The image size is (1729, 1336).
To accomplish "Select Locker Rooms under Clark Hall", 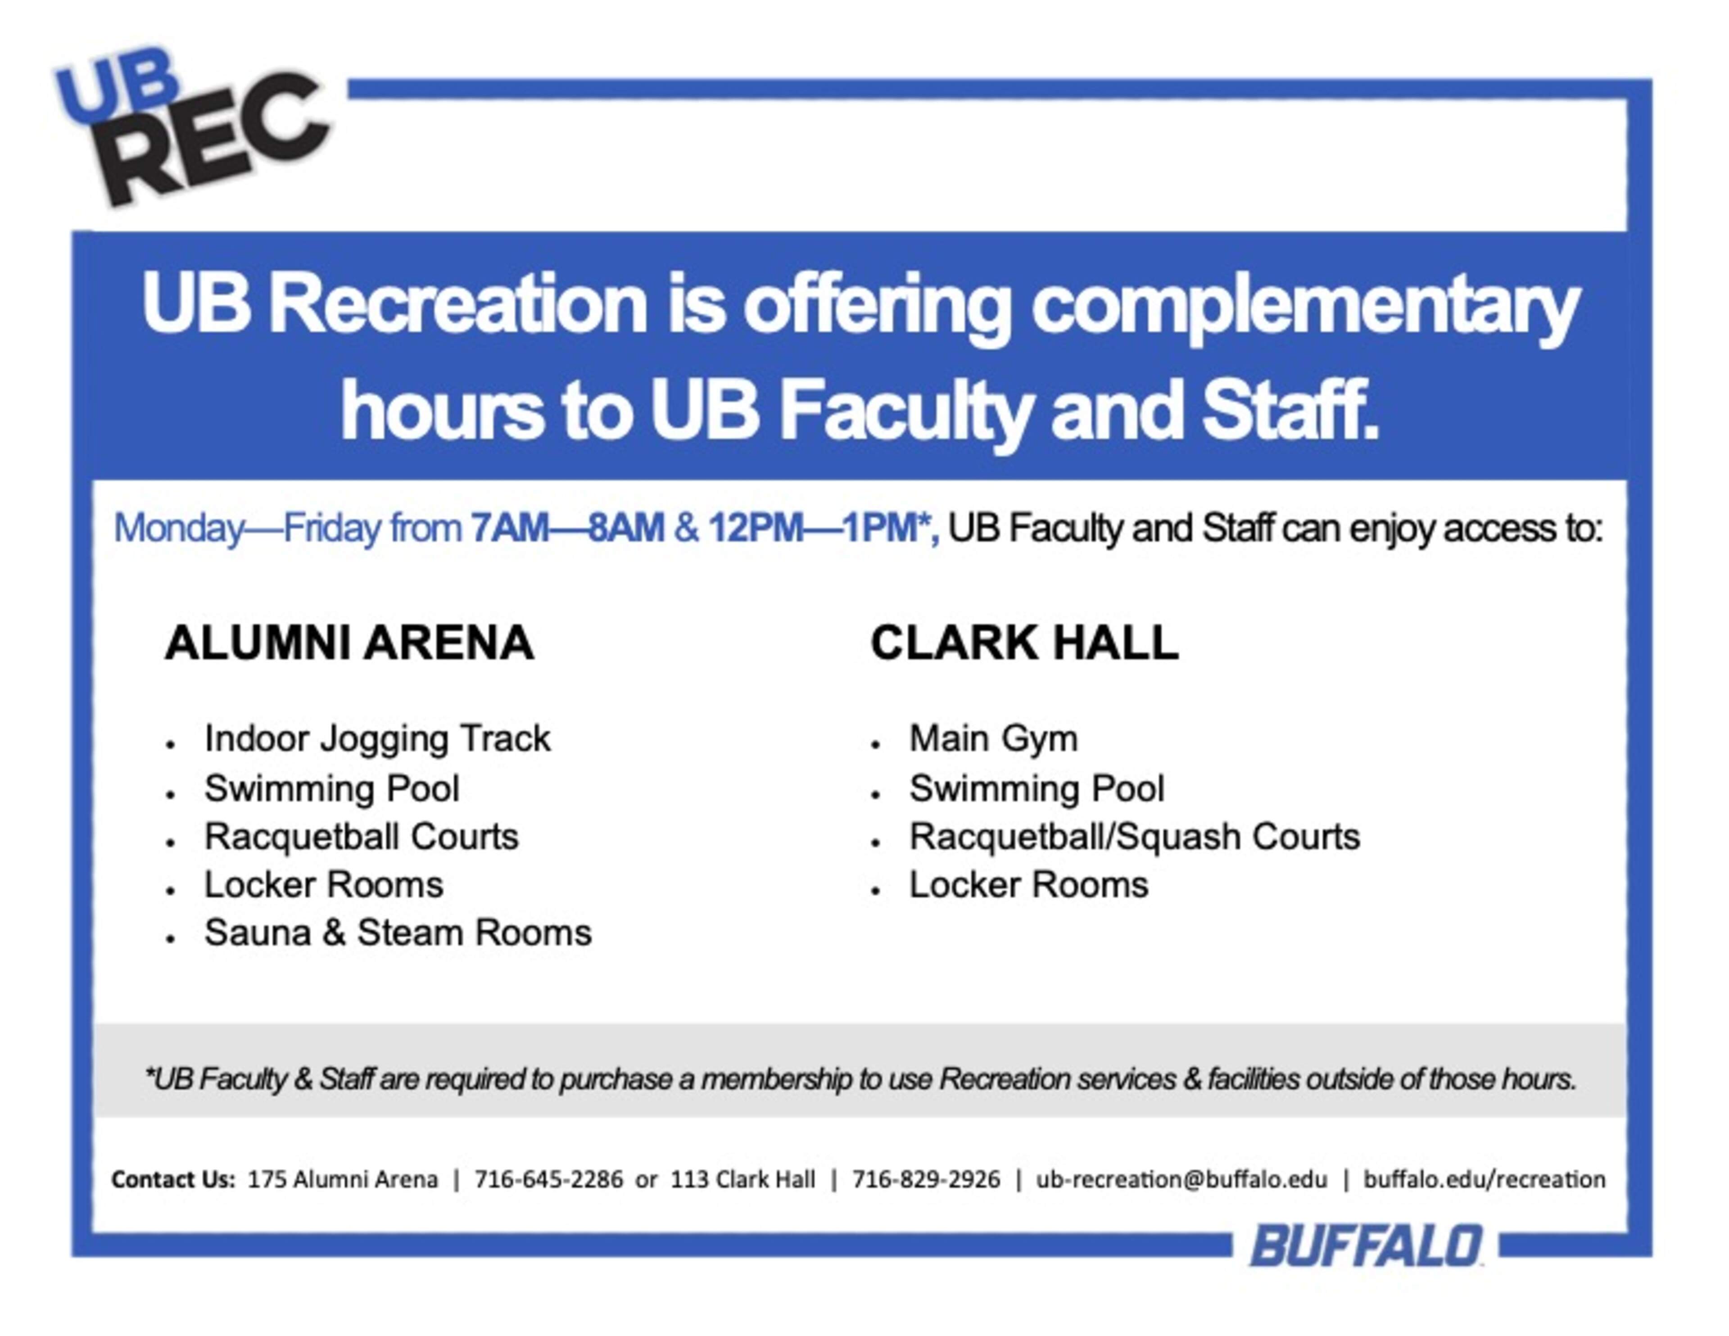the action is coord(1028,885).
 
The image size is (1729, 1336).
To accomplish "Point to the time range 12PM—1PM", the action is coord(813,528).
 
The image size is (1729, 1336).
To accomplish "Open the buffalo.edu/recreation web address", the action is coord(1485,1180).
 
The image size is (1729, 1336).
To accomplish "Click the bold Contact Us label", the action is coord(173,1180).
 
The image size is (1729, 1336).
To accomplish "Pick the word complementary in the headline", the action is coord(1305,309).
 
